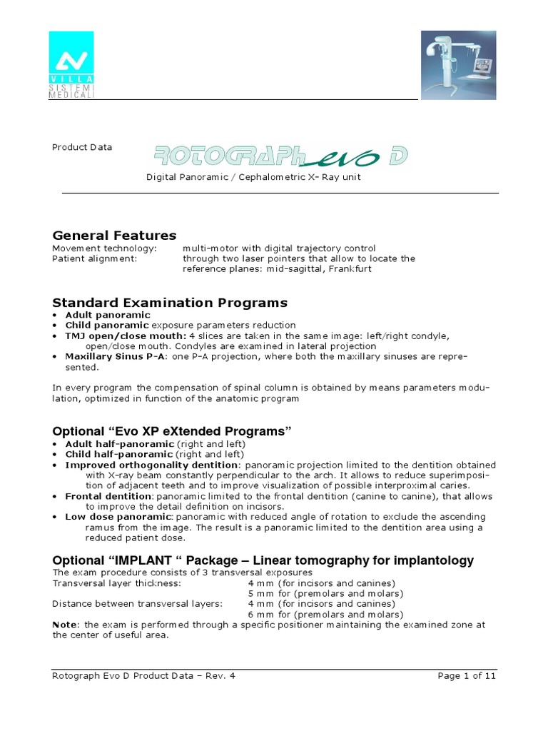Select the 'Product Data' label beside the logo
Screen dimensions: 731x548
click(82, 148)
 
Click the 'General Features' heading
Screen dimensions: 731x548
click(114, 235)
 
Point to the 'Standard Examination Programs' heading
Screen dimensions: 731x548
click(170, 302)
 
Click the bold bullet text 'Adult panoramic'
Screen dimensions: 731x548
click(108, 315)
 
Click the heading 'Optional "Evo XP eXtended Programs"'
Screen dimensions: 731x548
click(173, 431)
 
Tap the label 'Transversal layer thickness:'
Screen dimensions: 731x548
click(116, 583)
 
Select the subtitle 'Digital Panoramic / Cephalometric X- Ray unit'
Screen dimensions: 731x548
click(253, 177)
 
